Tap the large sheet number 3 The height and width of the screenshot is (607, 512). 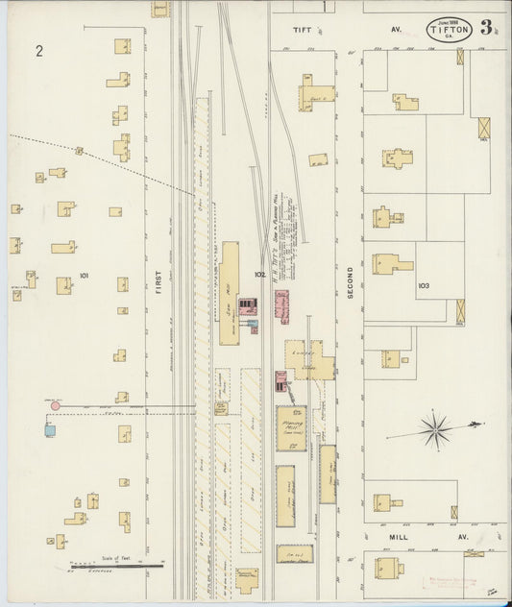(488, 27)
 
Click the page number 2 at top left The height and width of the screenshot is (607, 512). (39, 51)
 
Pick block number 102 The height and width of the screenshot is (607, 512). (258, 275)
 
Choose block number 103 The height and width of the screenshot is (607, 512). (424, 286)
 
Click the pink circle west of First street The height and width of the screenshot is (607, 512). (55, 406)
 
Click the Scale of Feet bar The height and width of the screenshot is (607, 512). (123, 566)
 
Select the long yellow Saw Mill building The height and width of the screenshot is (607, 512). (231, 293)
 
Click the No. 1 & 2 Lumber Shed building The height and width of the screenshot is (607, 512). (294, 555)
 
